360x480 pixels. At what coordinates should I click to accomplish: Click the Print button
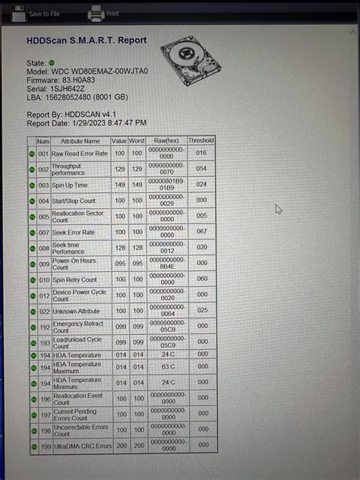pyautogui.click(x=104, y=13)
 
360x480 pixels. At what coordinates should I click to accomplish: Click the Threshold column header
pyautogui.click(x=201, y=141)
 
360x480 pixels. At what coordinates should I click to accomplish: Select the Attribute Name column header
pyautogui.click(x=81, y=141)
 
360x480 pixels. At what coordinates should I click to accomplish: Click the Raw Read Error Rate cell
pyautogui.click(x=80, y=153)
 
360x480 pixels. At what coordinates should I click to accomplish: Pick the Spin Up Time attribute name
pyautogui.click(x=70, y=185)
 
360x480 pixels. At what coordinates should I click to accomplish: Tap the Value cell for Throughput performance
pyautogui.click(x=119, y=169)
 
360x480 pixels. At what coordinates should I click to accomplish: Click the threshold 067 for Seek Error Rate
pyautogui.click(x=201, y=232)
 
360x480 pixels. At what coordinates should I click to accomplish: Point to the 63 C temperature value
pyautogui.click(x=168, y=367)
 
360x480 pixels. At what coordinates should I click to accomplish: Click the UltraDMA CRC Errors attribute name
pyautogui.click(x=81, y=447)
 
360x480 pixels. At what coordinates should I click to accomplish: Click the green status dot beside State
pyautogui.click(x=52, y=62)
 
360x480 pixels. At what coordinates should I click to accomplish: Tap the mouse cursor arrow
pyautogui.click(x=279, y=209)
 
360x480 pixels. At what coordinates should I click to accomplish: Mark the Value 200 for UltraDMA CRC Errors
pyautogui.click(x=119, y=447)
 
